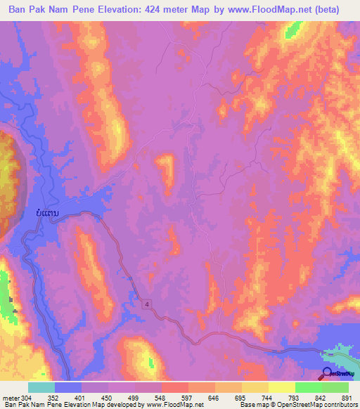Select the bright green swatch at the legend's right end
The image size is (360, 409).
tap(335, 387)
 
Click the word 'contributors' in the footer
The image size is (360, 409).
tap(337, 404)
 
